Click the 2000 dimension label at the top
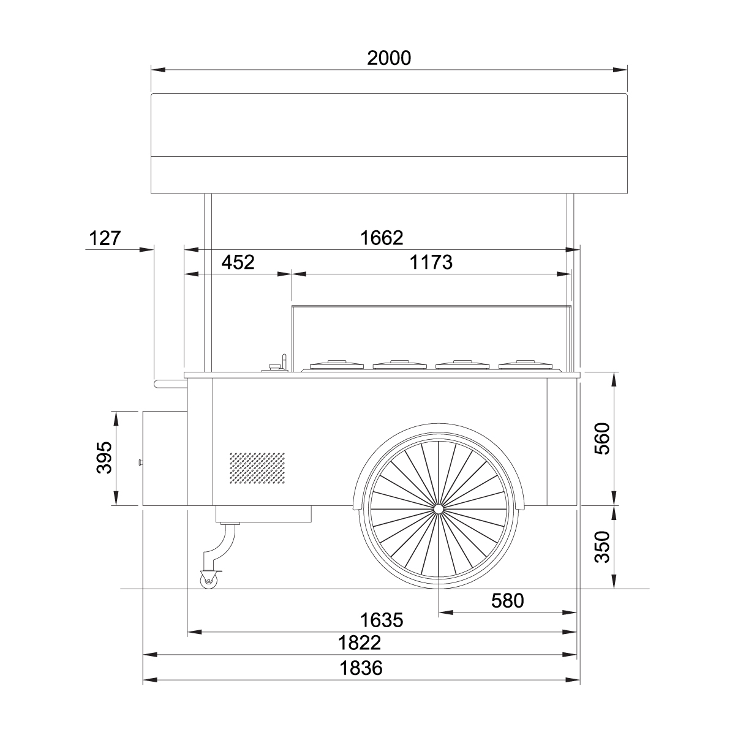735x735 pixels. point(389,58)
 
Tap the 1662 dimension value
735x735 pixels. point(382,238)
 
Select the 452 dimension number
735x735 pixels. point(238,262)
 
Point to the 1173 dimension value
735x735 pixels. point(431,262)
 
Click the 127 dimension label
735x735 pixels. point(105,238)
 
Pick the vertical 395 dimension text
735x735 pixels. point(104,458)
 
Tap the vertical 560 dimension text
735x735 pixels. point(602,439)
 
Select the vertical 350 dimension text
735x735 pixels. point(602,547)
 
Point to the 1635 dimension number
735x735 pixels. point(382,620)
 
